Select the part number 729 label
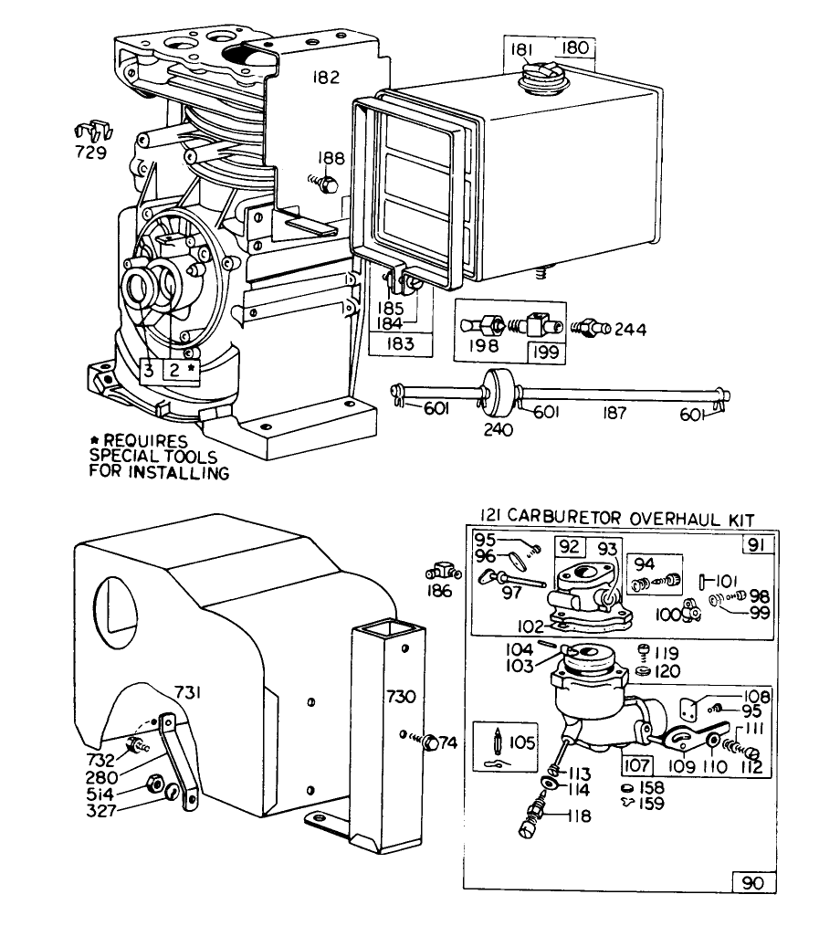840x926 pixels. [x=90, y=153]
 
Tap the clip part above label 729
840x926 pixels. [x=90, y=132]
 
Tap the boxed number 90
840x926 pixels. [x=754, y=883]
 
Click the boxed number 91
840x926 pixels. [x=757, y=546]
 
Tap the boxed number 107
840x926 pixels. [x=638, y=766]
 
